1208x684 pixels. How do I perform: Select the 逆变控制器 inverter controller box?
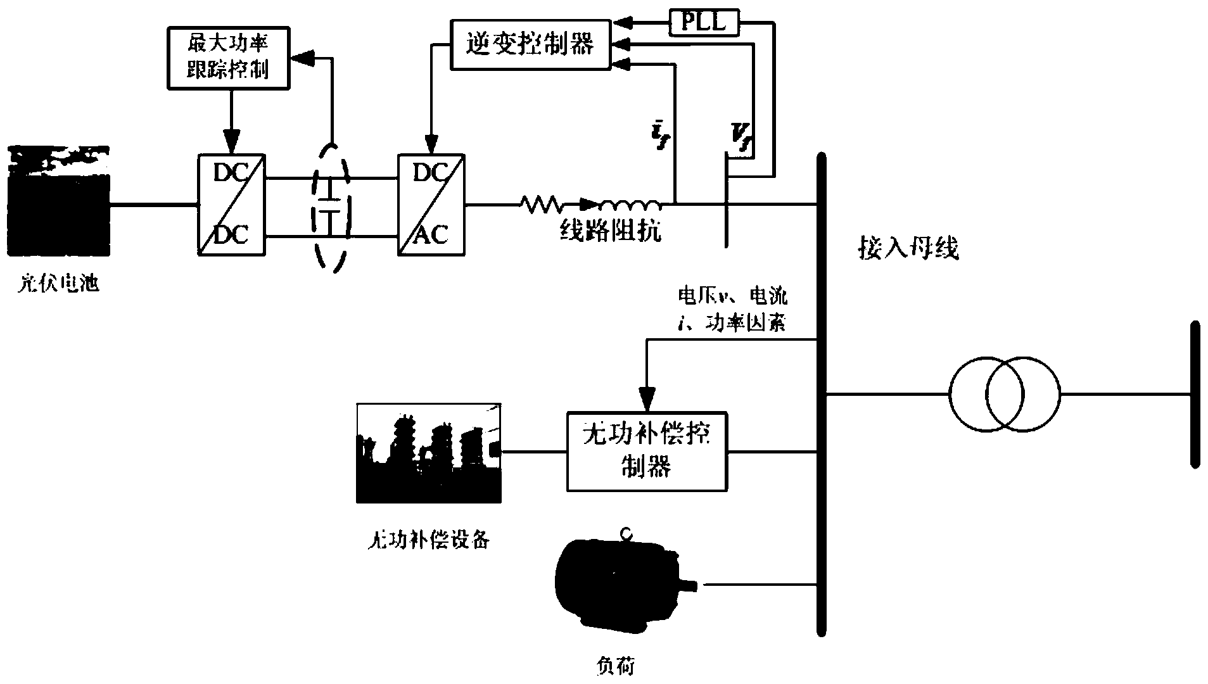pyautogui.click(x=530, y=44)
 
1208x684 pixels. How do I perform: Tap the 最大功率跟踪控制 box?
pyautogui.click(x=227, y=58)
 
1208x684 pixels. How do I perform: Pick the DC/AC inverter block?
pyautogui.click(x=431, y=205)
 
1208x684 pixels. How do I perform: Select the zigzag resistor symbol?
pyautogui.click(x=540, y=204)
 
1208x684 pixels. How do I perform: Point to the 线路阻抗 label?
pyautogui.click(x=610, y=231)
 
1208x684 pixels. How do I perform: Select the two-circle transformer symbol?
pyautogui.click(x=1004, y=394)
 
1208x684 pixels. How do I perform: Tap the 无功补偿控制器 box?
pyautogui.click(x=647, y=452)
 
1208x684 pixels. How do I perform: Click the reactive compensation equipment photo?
pyautogui.click(x=429, y=453)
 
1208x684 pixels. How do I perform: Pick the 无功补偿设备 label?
pyautogui.click(x=429, y=540)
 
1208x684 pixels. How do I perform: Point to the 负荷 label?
pyautogui.click(x=616, y=665)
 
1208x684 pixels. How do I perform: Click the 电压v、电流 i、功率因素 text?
pyautogui.click(x=732, y=310)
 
